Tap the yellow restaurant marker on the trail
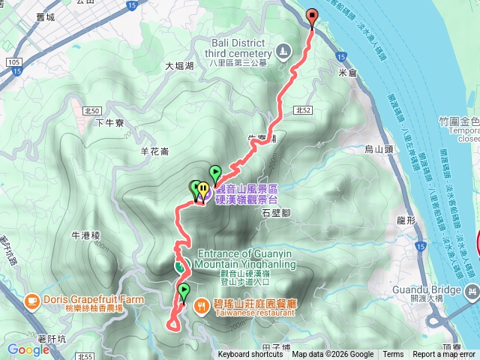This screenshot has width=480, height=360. (x=202, y=190)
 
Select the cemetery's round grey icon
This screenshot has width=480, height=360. (x=283, y=52)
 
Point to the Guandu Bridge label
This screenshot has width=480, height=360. (x=433, y=289)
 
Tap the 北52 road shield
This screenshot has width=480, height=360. (x=303, y=110)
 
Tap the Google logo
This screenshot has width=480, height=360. (x=28, y=349)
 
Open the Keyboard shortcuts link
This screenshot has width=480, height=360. (x=251, y=355)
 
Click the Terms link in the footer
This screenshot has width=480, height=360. (x=393, y=355)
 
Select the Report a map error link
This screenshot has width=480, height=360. (x=444, y=355)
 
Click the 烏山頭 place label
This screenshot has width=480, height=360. (x=379, y=150)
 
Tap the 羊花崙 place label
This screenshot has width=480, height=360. (x=155, y=151)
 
